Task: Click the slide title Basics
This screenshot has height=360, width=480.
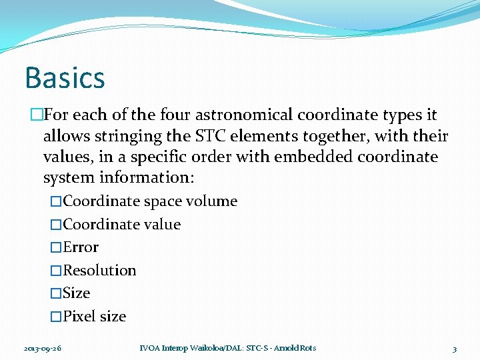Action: tap(65, 77)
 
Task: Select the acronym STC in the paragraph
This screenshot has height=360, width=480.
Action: tap(211, 136)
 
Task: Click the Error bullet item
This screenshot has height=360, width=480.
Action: tap(81, 247)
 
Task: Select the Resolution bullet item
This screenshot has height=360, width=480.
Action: tap(99, 270)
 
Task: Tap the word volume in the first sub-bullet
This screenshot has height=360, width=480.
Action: tap(213, 201)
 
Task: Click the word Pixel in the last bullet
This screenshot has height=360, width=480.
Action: tap(79, 316)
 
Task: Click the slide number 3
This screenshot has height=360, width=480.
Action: tap(454, 349)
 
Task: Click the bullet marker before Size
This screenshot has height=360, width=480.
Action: tap(56, 293)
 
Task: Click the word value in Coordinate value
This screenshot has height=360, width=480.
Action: tap(163, 224)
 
